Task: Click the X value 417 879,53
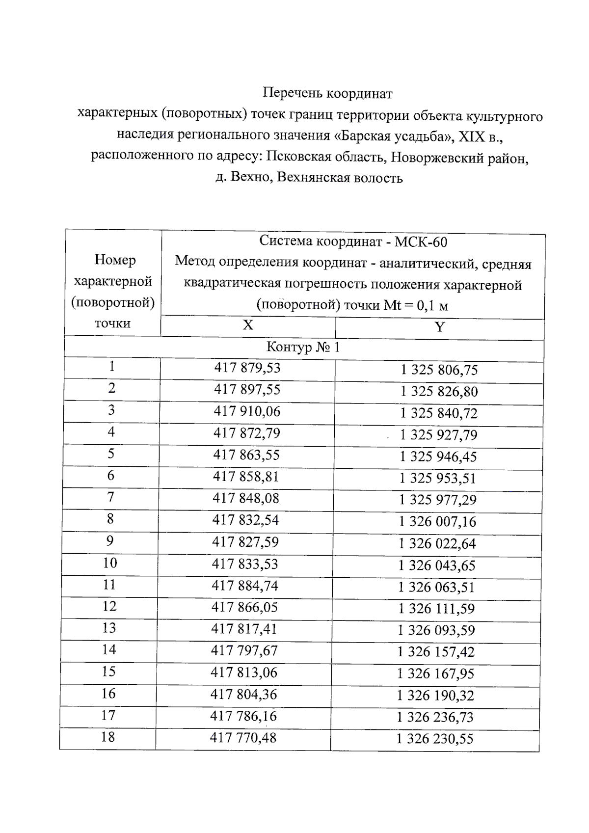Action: (x=247, y=368)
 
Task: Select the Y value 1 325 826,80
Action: (x=439, y=392)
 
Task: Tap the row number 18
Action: (x=107, y=737)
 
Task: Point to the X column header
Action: (x=248, y=325)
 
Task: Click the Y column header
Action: (x=440, y=327)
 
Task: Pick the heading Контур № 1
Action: (x=303, y=348)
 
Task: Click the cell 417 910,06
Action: (x=247, y=411)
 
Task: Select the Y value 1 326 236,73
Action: (x=435, y=717)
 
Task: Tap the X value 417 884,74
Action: (x=245, y=586)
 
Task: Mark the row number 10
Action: (x=110, y=563)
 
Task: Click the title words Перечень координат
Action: (x=327, y=93)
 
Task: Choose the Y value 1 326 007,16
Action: (x=437, y=521)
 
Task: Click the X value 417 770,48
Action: (x=243, y=737)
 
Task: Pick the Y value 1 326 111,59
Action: (x=436, y=609)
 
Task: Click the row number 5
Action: (x=111, y=454)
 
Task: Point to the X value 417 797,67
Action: (x=244, y=651)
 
